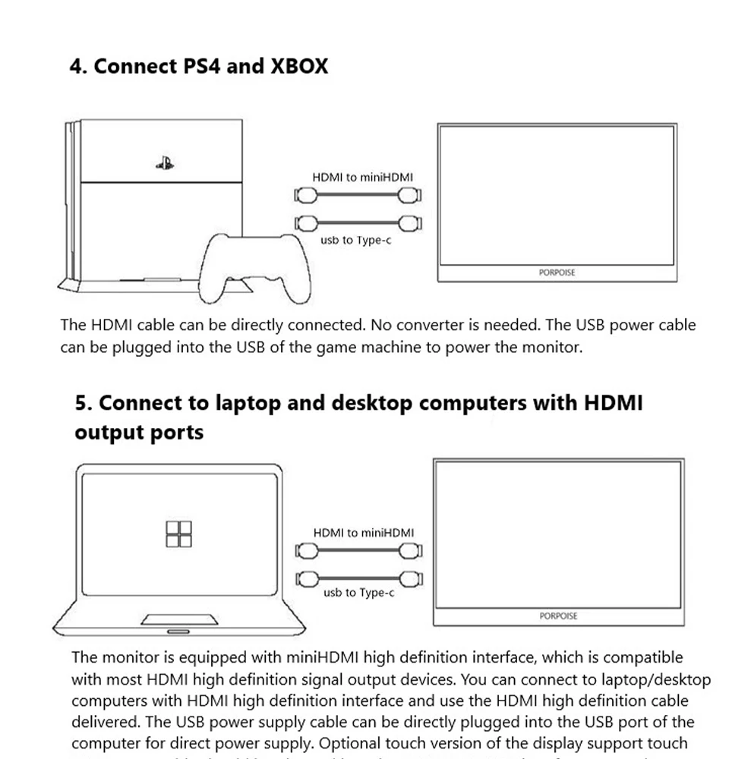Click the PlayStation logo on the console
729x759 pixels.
click(x=164, y=162)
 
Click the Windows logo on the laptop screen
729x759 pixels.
click(x=179, y=534)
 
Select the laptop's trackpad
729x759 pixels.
click(x=180, y=619)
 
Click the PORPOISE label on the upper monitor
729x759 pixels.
click(x=557, y=272)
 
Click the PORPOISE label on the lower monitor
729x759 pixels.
click(x=558, y=616)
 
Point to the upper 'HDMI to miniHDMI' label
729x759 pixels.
click(x=363, y=177)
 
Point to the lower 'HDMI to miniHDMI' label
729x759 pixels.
click(x=364, y=533)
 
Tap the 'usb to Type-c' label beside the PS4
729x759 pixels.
click(x=357, y=240)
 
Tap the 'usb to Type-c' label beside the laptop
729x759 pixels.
click(x=358, y=592)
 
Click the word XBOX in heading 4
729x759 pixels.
click(x=299, y=66)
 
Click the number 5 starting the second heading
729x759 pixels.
click(x=81, y=402)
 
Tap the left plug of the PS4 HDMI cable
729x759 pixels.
click(x=305, y=196)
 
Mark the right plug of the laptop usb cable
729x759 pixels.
click(x=411, y=578)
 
